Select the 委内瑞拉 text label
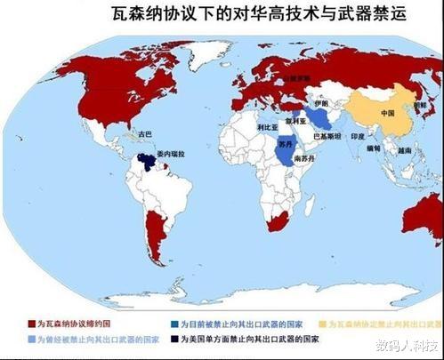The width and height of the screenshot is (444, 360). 170,155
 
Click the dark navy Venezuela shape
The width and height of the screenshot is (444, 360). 146,163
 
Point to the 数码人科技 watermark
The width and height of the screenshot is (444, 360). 406,345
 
